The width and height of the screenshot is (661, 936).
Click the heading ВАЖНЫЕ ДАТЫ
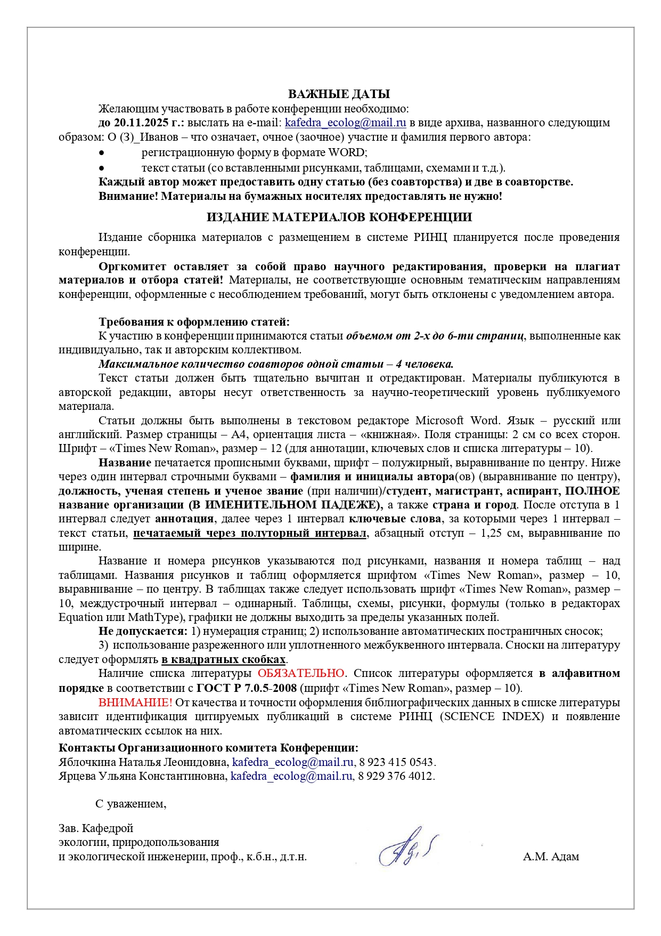pyautogui.click(x=339, y=95)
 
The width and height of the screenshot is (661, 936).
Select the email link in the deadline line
pyautogui.click(x=345, y=123)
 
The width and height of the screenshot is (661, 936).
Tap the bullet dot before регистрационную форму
pyautogui.click(x=102, y=153)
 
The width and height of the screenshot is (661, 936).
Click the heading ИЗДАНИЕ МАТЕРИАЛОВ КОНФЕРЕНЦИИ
pyautogui.click(x=339, y=217)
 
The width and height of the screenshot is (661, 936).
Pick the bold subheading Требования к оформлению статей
pyautogui.click(x=194, y=322)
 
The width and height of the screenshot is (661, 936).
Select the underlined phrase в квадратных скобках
pyautogui.click(x=224, y=660)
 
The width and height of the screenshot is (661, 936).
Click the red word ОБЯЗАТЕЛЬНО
pyautogui.click(x=301, y=674)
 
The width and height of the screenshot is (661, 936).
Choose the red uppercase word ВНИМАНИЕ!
pyautogui.click(x=135, y=703)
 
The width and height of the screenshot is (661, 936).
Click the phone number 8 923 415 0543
pyautogui.click(x=397, y=762)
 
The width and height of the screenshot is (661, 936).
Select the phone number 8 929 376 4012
pyautogui.click(x=396, y=776)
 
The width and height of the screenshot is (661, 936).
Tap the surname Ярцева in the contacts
pyautogui.click(x=77, y=776)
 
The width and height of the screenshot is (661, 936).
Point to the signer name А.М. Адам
pyautogui.click(x=551, y=857)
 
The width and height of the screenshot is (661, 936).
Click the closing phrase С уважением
pyautogui.click(x=130, y=804)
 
